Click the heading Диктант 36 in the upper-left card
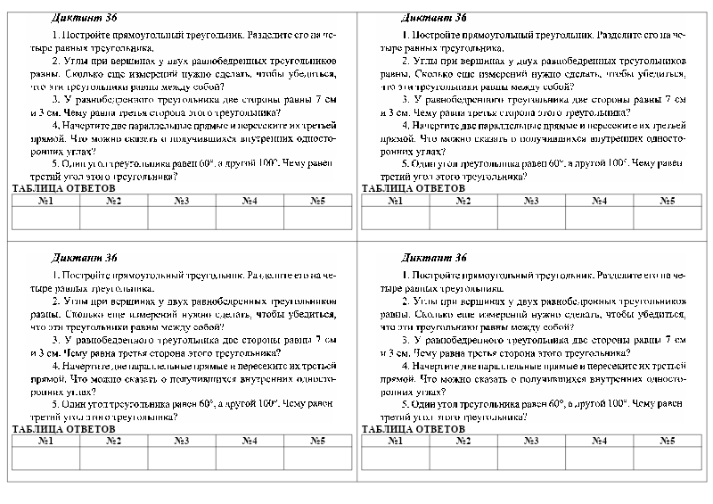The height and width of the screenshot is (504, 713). coord(86,17)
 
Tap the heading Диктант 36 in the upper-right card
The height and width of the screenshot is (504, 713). coord(434,17)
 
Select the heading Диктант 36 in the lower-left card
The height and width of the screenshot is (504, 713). coord(86,258)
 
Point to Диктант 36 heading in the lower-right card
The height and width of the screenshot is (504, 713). coord(434,258)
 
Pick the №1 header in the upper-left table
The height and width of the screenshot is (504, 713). coord(46,201)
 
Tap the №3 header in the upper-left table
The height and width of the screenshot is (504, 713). coord(181,201)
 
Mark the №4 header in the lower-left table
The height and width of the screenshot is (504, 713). coord(250,441)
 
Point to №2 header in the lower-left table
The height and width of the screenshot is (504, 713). coord(114,441)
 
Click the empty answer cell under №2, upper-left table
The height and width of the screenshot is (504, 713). coord(114,218)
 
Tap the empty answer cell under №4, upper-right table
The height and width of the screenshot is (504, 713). coord(599,218)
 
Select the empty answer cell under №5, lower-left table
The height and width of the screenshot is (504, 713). coord(317,458)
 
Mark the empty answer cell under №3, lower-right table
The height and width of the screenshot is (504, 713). coord(531,458)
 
